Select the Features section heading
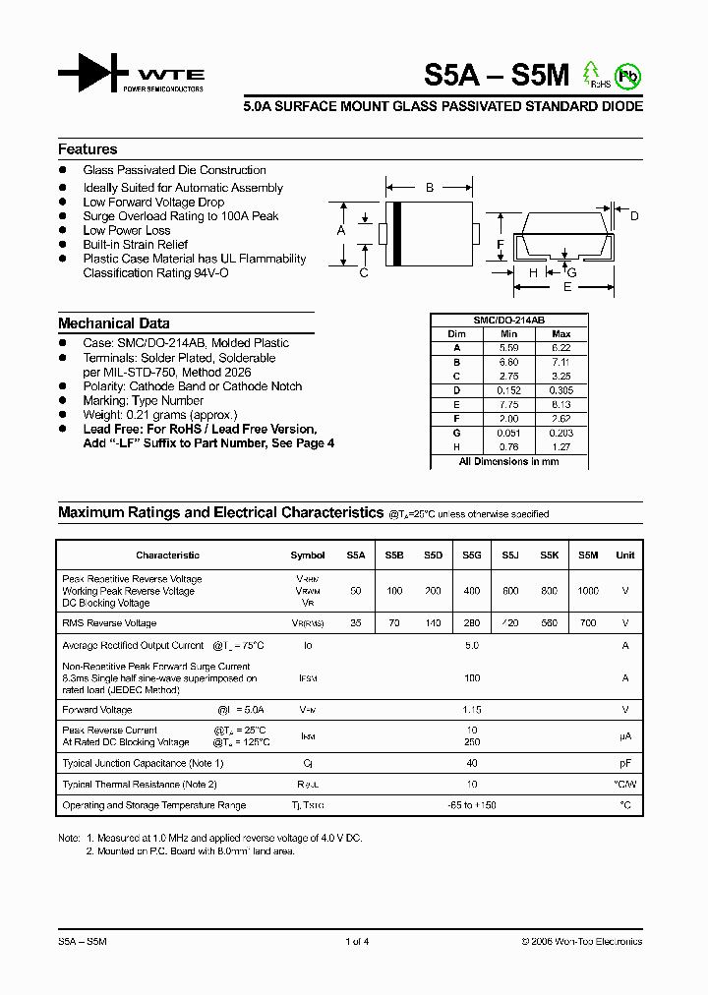88,149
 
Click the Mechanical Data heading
113,323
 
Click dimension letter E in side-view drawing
566,287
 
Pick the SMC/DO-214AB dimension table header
507,321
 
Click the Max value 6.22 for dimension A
560,348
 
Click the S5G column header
472,556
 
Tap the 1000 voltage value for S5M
587,591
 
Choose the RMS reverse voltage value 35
355,623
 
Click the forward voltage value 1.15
472,710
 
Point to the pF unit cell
624,763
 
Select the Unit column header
624,556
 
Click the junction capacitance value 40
472,763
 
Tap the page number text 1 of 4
357,942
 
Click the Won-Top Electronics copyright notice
581,942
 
